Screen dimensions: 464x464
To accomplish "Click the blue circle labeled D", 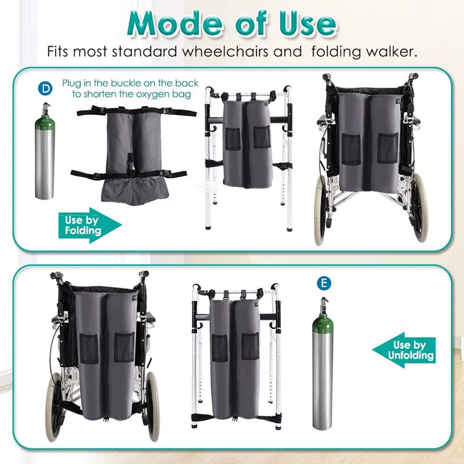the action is pyautogui.click(x=45, y=89).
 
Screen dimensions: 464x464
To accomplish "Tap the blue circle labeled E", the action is pyautogui.click(x=324, y=283).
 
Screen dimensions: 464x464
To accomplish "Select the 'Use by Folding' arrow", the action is pyautogui.click(x=90, y=225).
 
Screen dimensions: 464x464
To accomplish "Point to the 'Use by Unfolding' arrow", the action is pyautogui.click(x=404, y=350).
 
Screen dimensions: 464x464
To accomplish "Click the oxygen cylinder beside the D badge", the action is pyautogui.click(x=45, y=151).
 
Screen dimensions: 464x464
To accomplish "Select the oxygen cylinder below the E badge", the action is pyautogui.click(x=322, y=364).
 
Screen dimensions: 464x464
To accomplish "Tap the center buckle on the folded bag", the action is pyautogui.click(x=130, y=164).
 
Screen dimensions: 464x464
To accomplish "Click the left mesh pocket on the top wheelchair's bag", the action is pyautogui.click(x=351, y=150).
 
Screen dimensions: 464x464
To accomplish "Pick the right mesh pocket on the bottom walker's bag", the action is pyautogui.click(x=250, y=346).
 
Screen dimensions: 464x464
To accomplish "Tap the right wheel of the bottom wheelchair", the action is pyautogui.click(x=153, y=406).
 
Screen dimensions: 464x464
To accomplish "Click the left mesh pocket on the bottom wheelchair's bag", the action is pyautogui.click(x=89, y=349).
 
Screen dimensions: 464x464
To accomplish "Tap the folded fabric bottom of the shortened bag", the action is pyautogui.click(x=135, y=191).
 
